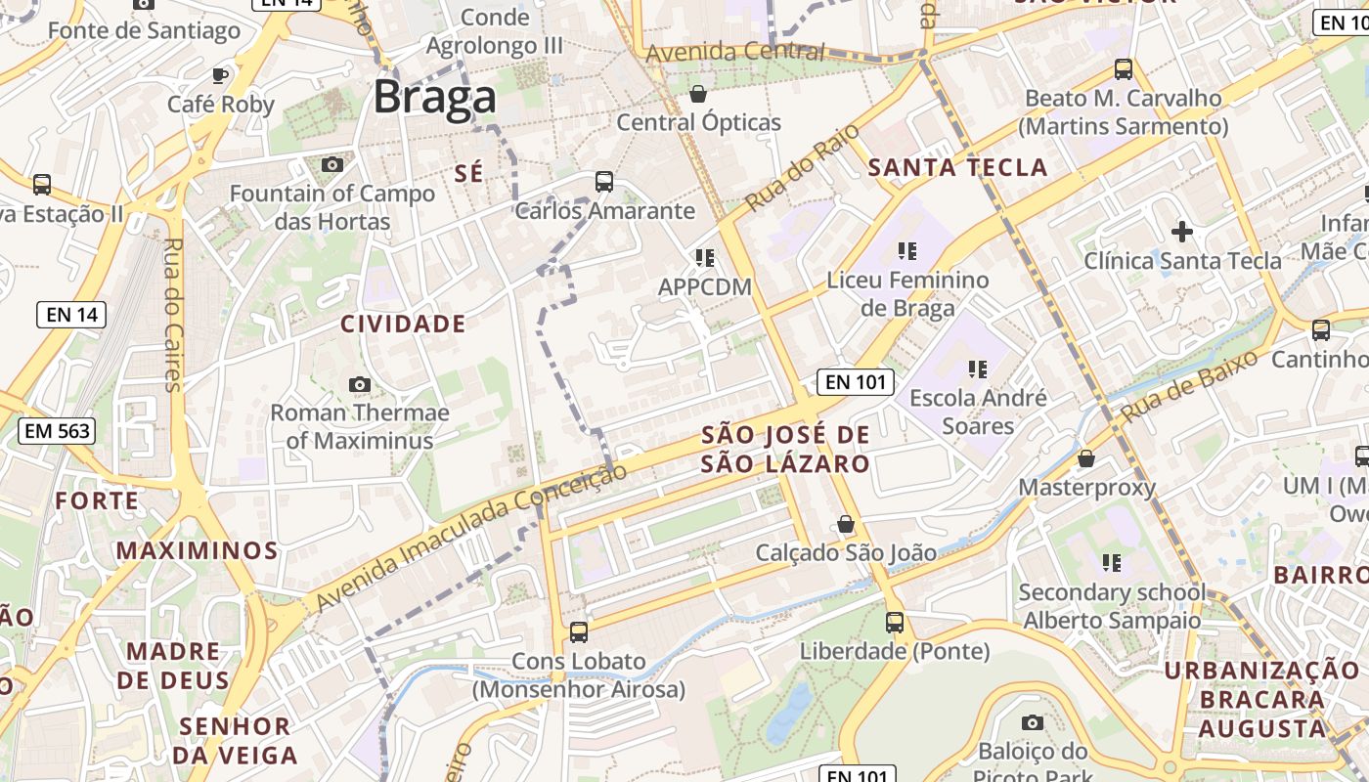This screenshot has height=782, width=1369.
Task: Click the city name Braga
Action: point(434,98)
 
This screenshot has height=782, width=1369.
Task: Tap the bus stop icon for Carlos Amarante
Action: point(604,182)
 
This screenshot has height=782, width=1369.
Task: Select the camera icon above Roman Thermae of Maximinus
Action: point(360,384)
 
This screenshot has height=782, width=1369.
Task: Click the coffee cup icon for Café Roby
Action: point(221,75)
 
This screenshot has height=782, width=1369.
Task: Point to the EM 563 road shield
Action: point(57,430)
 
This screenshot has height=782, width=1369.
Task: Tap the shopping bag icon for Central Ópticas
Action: point(698,94)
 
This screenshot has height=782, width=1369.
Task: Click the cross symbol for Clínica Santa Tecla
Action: point(1182,232)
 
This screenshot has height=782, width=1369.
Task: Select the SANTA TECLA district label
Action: point(958,167)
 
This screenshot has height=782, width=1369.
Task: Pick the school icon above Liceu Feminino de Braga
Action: point(907,251)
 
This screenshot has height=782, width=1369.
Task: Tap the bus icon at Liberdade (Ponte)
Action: point(895,623)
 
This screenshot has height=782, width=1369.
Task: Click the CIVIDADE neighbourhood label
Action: point(403,324)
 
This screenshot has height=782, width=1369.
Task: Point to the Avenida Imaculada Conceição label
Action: point(471,538)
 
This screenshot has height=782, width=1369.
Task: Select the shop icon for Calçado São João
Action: point(846,525)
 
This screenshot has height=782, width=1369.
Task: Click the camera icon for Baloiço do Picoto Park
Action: point(1033,723)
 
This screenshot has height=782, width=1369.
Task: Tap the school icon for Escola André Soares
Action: point(977,369)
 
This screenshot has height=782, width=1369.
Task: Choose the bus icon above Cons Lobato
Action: point(579,632)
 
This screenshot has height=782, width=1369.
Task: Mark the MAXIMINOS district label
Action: point(198,550)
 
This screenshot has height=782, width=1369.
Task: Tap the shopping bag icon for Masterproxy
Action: point(1086,458)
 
